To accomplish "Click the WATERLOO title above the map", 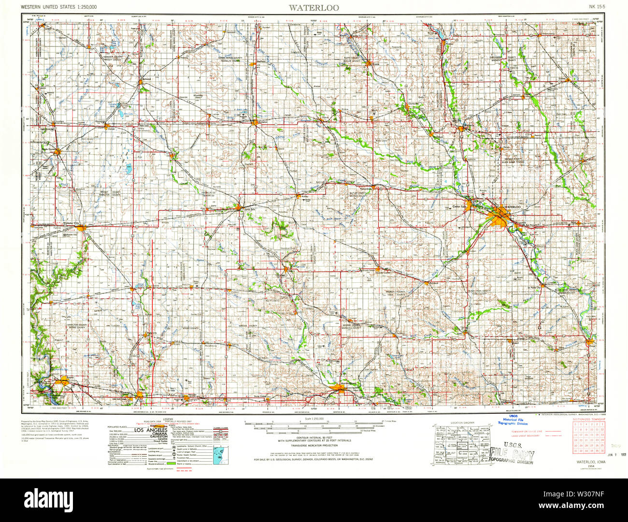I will pos(314,7).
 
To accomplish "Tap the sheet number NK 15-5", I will pos(596,7).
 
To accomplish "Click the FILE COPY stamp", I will pos(512,455).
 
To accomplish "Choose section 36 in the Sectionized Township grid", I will pos(601,450).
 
